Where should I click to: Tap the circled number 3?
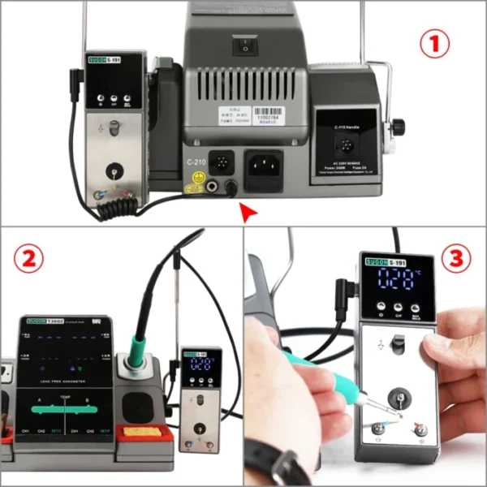pyautogui.click(x=455, y=259)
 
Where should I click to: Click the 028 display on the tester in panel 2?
pyautogui.click(x=200, y=366)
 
